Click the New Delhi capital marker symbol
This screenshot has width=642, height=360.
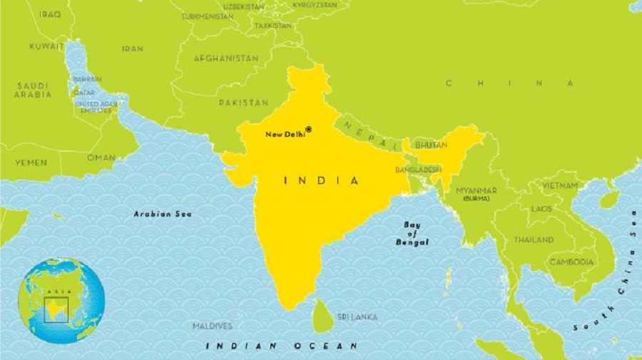coord(309,129)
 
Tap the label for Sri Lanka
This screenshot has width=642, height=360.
coord(357,317)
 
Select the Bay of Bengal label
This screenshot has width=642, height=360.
coord(413,234)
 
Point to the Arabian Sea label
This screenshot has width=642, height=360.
coord(163,213)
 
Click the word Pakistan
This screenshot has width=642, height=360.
coord(243,103)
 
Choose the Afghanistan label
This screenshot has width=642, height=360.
coord(226,58)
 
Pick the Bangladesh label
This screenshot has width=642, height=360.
coord(419,170)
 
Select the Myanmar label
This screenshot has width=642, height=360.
coord(477,190)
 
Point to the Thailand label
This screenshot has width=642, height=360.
coord(534,240)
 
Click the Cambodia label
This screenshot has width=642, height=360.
coord(571,262)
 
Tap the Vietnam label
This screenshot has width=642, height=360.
coord(560,185)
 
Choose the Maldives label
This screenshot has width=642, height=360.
coord(213,326)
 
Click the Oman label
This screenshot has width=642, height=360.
coord(101,158)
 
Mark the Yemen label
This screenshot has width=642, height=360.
coord(31,163)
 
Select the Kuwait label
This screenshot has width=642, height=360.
coord(46,46)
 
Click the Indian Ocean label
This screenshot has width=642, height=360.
coord(282,346)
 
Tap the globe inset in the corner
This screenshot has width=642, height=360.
coord(61,300)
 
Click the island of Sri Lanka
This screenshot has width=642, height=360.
coord(324,316)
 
